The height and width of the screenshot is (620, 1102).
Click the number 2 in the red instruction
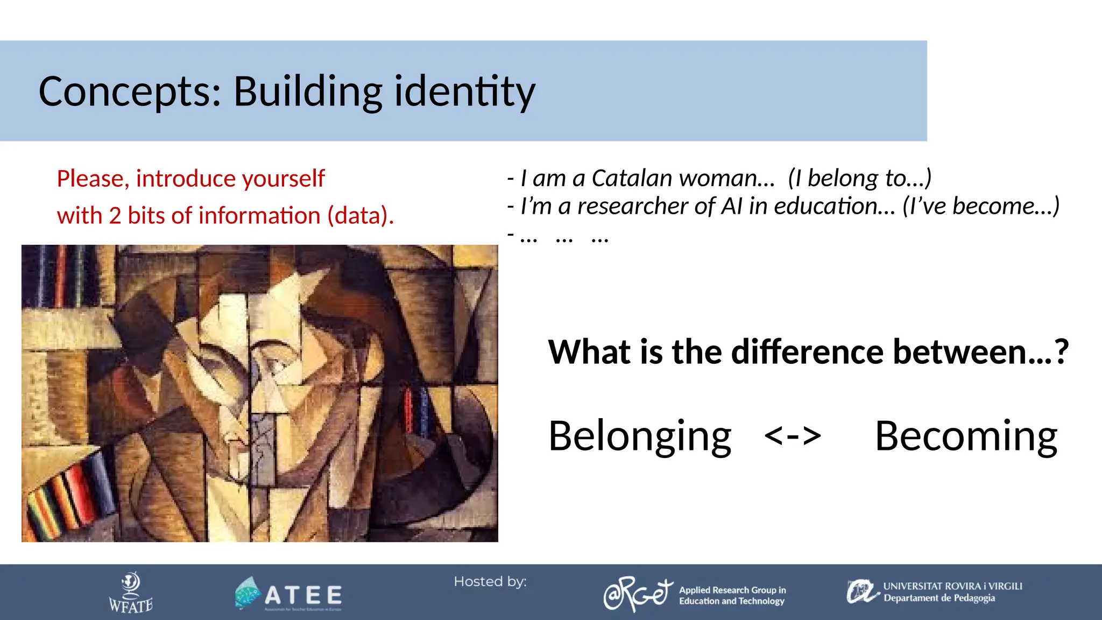(x=115, y=216)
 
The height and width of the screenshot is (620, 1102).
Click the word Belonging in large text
(x=640, y=436)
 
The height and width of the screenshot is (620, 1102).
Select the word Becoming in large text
(x=966, y=436)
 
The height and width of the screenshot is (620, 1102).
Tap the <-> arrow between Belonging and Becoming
(x=793, y=436)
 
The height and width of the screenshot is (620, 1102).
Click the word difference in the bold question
(x=807, y=352)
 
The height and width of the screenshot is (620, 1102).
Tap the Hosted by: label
(x=490, y=582)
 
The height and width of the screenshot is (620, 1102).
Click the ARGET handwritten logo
(x=638, y=594)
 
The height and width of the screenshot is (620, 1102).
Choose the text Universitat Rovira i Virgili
(x=952, y=586)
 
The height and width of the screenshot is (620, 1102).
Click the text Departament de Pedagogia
(x=939, y=598)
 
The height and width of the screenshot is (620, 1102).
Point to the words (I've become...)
(x=981, y=206)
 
